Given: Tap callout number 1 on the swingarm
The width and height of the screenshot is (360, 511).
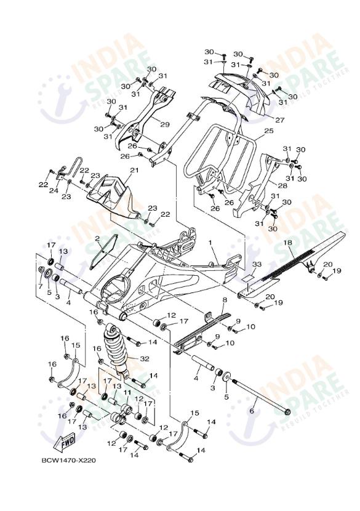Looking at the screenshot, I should pos(209,243).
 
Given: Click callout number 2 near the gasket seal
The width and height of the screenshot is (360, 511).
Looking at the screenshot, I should pos(97,238).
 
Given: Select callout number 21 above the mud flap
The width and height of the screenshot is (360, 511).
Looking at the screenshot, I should pos(134,171).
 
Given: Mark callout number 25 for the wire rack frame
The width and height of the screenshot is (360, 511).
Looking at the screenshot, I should pos(268,131).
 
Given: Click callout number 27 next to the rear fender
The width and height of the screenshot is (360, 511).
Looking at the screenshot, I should pos(279,120).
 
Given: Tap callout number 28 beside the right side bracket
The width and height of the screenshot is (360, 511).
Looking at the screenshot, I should pos(282,185).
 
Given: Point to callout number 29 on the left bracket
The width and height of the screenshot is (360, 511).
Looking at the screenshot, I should pos(164,124).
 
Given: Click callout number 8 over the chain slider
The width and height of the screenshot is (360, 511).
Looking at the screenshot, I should pos(225,300).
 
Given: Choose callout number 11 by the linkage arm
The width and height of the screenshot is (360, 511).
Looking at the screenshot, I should pos(127,392).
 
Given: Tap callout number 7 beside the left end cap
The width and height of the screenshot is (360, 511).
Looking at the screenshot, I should pos(41,286).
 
